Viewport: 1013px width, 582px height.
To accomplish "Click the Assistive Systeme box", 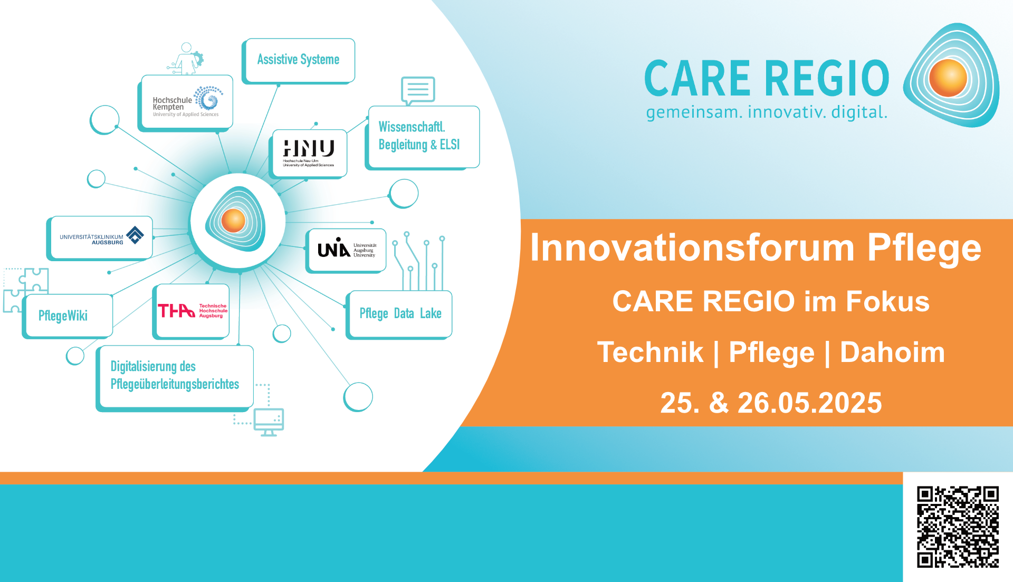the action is point(299,60).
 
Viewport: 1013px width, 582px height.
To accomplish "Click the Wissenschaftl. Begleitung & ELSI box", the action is point(423,137).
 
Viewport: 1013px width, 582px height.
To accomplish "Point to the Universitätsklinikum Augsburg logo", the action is point(100,237).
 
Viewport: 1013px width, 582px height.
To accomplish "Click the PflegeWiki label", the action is point(63,316).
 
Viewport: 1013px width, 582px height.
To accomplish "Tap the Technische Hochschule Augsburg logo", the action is point(192,311).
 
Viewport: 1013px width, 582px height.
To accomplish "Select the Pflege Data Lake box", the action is point(399,314).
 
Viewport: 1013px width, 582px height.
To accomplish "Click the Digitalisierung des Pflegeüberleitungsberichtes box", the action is point(175,378).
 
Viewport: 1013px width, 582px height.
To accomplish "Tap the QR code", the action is point(958,527).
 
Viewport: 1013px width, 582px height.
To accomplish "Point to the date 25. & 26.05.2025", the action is point(771,403).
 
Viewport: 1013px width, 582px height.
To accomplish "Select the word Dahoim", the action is point(892,352).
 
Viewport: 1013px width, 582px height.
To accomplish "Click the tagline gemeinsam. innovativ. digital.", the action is point(767,112).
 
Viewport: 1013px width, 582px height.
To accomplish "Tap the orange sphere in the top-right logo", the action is point(948,78).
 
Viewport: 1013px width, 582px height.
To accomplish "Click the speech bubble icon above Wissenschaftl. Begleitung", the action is point(418,91).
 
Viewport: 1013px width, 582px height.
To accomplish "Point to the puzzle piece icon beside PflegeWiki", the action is point(25,289).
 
